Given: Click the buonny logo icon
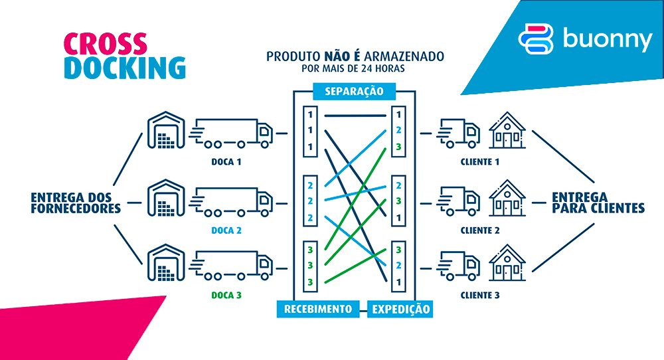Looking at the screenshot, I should click(x=535, y=39).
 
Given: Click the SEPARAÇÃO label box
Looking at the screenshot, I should click(x=354, y=91).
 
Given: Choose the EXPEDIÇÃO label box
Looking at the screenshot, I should click(x=400, y=310).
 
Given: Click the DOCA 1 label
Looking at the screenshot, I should click(x=222, y=161).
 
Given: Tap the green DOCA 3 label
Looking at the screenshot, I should click(x=222, y=294).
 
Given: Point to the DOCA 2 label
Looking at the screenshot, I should click(x=222, y=230).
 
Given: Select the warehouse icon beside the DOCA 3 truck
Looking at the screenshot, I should click(x=164, y=264).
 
